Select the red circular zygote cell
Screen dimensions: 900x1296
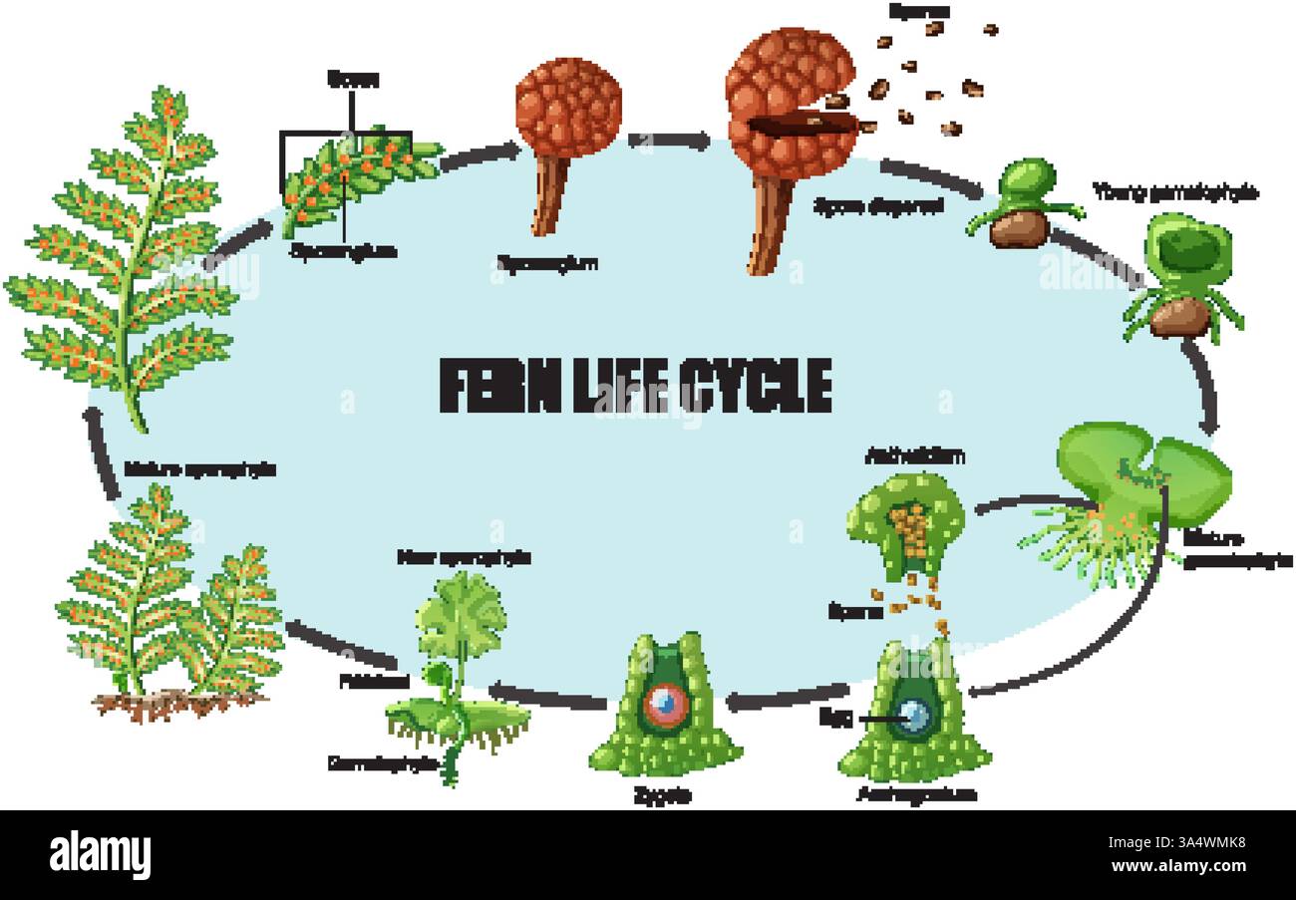point(665,705)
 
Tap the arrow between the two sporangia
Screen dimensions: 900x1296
point(670,141)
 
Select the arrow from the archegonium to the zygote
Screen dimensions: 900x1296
point(788,697)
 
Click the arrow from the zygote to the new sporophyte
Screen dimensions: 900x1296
point(548,694)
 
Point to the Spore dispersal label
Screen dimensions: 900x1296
point(877,206)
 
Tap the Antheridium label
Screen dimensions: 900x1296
point(915,456)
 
